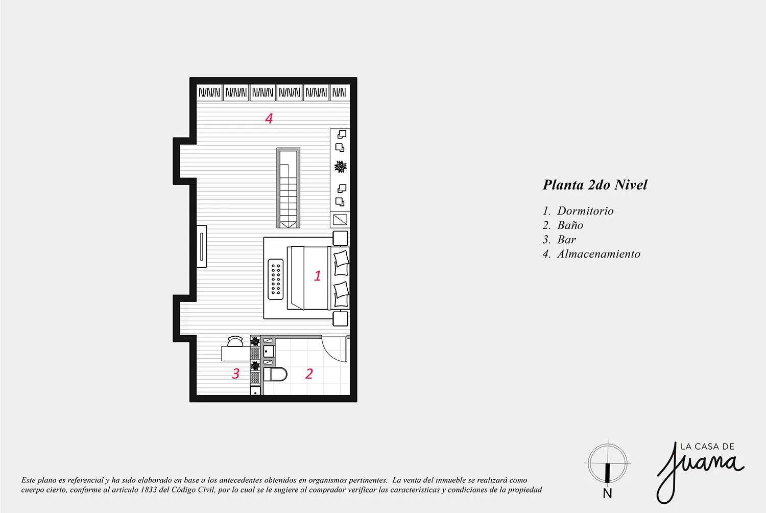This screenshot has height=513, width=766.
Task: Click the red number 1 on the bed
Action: (317, 275)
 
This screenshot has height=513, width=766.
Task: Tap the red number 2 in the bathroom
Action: (309, 374)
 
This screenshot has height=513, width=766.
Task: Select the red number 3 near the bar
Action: (235, 374)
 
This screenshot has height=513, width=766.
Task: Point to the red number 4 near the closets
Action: (269, 119)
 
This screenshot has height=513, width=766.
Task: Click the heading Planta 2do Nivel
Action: (595, 185)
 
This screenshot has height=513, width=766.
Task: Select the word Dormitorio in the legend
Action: (585, 211)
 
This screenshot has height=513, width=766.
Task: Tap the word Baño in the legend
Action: (570, 225)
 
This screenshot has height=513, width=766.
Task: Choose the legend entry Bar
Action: (567, 240)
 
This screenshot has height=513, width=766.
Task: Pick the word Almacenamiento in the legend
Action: (599, 254)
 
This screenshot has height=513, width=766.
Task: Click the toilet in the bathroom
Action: (275, 374)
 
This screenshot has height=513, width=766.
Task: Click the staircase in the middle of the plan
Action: (289, 188)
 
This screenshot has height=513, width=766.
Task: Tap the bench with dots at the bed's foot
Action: (276, 279)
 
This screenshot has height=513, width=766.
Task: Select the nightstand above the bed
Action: (340, 238)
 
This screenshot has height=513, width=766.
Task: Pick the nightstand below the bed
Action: (340, 319)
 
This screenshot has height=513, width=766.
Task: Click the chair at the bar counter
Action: (235, 341)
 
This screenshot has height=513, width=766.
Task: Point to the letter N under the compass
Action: (607, 494)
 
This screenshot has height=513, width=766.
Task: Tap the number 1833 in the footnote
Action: (148, 489)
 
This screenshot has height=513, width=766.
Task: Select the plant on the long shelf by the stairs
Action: (340, 167)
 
